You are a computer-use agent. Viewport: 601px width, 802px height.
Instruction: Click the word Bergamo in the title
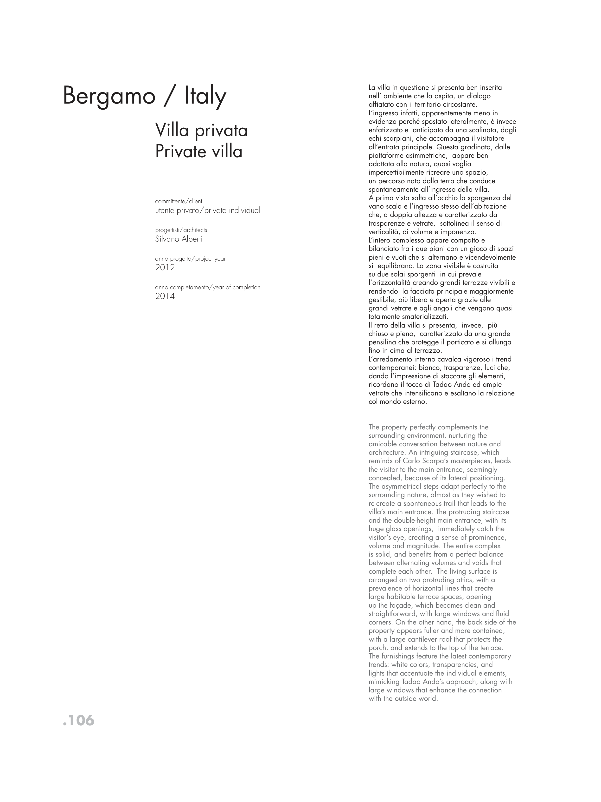pos(109,96)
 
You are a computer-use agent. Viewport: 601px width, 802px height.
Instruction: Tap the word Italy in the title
pos(205,96)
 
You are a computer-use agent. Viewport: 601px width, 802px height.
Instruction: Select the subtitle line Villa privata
pos(201,130)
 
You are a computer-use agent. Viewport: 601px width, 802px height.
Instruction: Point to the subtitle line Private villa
pos(198,151)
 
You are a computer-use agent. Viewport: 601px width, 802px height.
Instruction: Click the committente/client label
pos(179,201)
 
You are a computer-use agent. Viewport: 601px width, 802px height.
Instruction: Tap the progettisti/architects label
pos(181,230)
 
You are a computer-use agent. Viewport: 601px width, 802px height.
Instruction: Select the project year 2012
pos(165,268)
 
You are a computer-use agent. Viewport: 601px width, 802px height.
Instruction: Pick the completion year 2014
pos(165,296)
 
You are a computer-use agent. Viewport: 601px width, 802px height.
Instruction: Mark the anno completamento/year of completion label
pos(208,287)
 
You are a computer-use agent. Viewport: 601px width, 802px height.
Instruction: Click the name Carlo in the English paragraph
pos(414,461)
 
